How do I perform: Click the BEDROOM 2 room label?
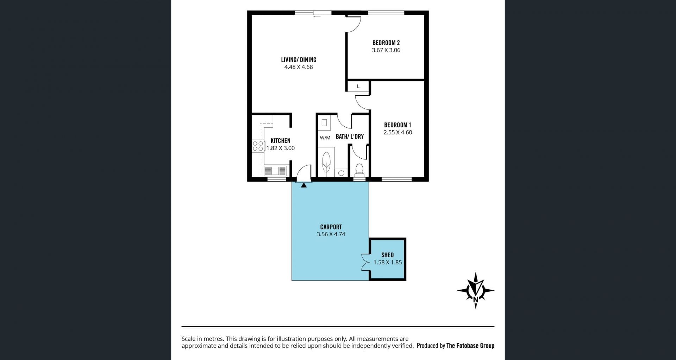pos(386,43)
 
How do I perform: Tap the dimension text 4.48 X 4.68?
pos(299,67)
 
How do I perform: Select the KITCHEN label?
pos(280,141)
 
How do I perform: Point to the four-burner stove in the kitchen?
pos(258,146)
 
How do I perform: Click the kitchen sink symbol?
pos(275,171)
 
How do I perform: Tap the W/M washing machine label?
pos(325,138)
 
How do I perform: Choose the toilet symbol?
pos(359,169)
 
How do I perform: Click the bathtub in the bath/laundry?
pos(327,162)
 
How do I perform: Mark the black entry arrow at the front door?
pos(303,185)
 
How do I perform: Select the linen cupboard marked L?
pos(358,86)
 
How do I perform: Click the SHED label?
pos(387,255)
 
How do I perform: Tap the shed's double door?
pos(365,262)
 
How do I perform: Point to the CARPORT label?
pos(331,227)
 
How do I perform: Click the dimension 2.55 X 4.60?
pos(398,132)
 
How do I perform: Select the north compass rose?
pos(476,291)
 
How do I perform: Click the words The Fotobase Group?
pos(470,346)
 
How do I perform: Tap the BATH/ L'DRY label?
pos(350,137)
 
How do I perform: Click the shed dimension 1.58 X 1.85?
pos(388,262)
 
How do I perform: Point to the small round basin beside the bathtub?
pos(341,173)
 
